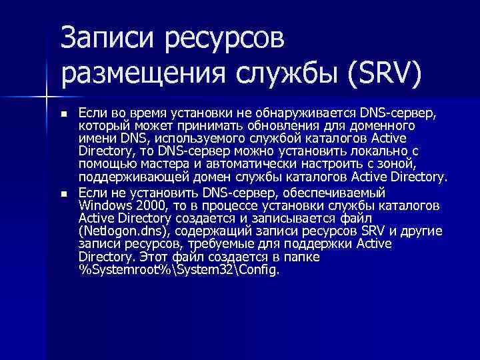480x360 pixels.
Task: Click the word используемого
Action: [193, 138]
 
